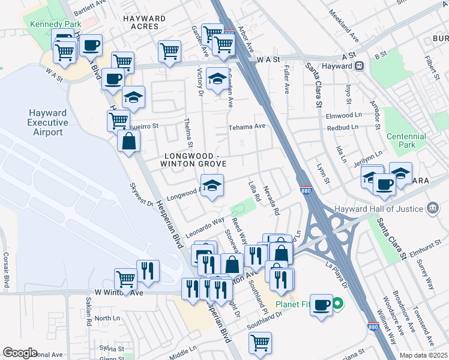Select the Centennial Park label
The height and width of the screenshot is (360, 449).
pyautogui.click(x=406, y=140)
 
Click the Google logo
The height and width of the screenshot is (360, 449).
pyautogui.click(x=20, y=352)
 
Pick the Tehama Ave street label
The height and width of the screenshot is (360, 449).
pyautogui.click(x=246, y=127)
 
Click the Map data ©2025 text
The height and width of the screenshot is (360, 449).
pyautogui.click(x=423, y=355)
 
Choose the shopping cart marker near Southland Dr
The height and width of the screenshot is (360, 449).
pyautogui.click(x=261, y=343)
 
